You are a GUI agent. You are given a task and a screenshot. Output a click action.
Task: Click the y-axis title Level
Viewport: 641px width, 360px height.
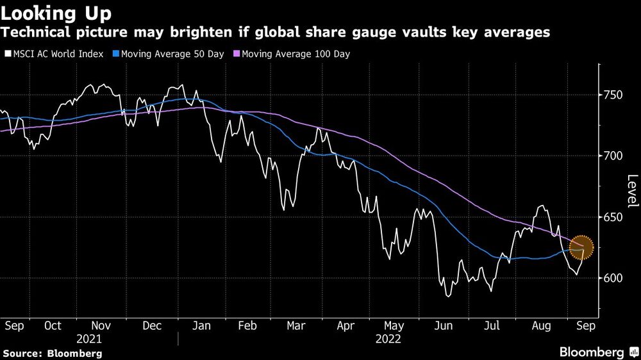point(632,190)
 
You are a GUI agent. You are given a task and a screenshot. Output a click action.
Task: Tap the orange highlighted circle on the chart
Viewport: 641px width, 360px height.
point(581,245)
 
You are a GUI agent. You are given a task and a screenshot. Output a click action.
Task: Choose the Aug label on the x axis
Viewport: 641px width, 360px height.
point(541,325)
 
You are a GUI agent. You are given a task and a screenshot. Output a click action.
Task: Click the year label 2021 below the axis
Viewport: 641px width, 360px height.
point(89,339)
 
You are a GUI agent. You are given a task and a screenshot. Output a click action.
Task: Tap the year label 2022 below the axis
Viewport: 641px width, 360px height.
point(388,339)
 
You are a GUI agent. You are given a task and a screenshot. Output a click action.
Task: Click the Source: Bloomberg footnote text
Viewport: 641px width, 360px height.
point(53,353)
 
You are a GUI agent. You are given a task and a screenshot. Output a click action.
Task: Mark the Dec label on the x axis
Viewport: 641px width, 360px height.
point(151,325)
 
